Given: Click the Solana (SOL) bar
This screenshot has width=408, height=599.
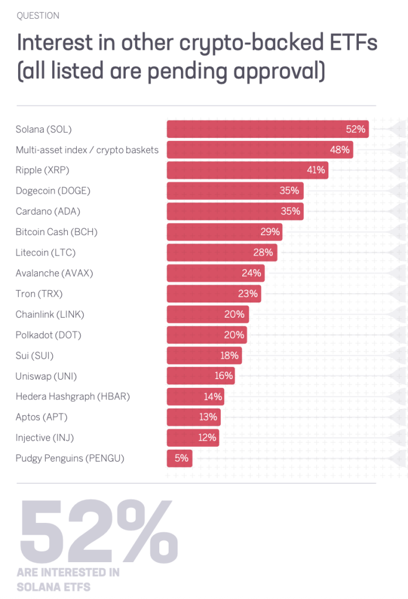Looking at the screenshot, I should coord(268,129).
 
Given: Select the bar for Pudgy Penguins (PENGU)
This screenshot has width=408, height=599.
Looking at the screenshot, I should coord(179,458).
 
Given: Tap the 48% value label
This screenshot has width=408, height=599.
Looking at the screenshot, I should coord(340,150).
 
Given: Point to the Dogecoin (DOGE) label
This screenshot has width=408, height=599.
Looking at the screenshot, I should coord(53,191).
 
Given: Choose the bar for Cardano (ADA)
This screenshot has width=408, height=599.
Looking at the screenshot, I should coord(235,211).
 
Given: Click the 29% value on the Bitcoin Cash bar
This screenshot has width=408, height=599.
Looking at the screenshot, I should coord(270,232).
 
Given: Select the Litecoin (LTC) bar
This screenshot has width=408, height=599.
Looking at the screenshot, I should coord(222,252).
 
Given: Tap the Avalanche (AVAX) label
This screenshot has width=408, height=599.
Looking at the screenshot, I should coord(54,273).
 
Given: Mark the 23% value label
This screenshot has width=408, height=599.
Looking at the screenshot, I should coord(248,294).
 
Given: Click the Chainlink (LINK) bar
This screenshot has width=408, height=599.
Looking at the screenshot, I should coord(208,314).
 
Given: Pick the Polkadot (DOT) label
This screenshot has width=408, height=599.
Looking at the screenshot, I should coord(48,335).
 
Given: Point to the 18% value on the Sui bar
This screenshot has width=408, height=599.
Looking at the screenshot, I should coord(229,355).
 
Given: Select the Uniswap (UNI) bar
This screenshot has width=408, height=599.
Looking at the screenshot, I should coord(201,376).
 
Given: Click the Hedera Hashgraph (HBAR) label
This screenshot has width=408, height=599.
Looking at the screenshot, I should coord(73,397).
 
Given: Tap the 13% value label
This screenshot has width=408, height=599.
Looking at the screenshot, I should coord(208,417).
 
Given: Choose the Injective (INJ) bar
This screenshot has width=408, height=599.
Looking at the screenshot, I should coord(193,438).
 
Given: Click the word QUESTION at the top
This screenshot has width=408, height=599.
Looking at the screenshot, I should coord(38,15).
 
